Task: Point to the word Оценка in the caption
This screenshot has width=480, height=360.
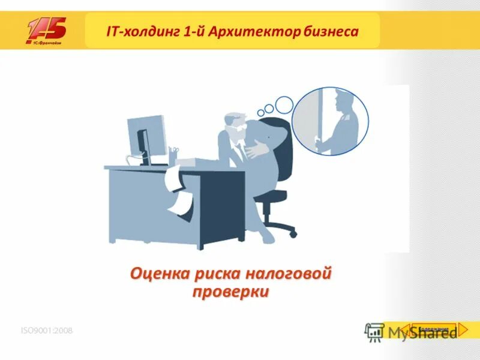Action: point(160,275)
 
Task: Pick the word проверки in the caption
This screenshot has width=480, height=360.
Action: point(231,292)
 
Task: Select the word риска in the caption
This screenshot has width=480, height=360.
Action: point(217,275)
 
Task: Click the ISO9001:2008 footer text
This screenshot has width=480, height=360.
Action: point(47,331)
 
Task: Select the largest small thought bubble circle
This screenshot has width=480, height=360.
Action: point(284,104)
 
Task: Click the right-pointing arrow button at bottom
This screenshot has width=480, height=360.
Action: point(465,329)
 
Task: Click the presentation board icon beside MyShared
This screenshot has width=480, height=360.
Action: point(374,332)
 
